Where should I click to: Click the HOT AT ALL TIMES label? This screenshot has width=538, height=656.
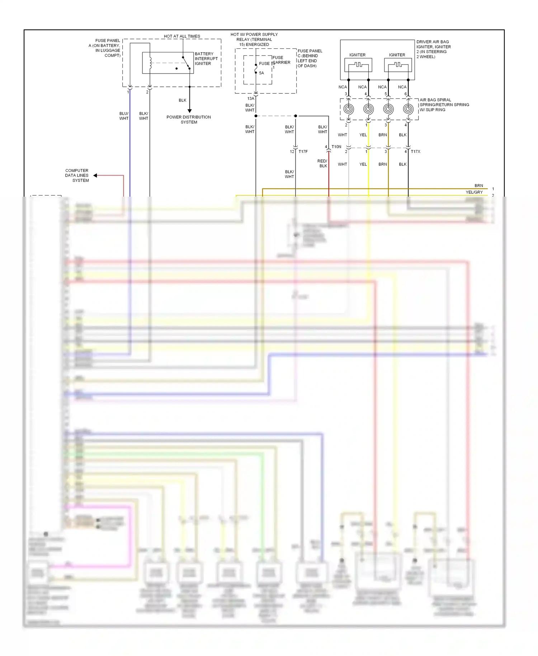pos(182,36)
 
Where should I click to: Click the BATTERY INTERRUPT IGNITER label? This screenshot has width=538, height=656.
pos(206,58)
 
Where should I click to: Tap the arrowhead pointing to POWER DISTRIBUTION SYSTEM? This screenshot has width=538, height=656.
pos(189,111)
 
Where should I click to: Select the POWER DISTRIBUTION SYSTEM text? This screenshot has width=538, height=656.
pos(189,120)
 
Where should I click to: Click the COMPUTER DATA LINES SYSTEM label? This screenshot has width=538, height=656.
pos(77,175)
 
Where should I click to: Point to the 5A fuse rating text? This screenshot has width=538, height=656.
pos(261,73)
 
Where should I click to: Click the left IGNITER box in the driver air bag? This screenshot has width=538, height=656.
pos(358,65)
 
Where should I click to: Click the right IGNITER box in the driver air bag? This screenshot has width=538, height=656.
pos(397,65)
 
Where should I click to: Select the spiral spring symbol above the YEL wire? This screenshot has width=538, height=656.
pos(368,109)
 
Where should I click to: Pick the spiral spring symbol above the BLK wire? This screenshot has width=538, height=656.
pos(408,109)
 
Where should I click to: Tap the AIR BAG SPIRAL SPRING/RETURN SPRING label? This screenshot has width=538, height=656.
pos(444,105)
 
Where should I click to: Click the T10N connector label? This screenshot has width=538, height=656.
pos(336,147)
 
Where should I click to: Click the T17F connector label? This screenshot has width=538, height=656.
pos(303,151)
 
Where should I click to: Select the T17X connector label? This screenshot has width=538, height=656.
pos(415,151)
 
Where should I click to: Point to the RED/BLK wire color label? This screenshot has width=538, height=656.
pos(322,163)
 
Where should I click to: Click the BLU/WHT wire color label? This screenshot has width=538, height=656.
pos(124,116)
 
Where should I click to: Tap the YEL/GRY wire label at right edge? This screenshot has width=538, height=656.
pos(474,192)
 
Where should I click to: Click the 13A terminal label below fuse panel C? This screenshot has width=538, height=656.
pos(251,98)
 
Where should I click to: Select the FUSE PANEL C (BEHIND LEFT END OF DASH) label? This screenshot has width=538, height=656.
pos(310,58)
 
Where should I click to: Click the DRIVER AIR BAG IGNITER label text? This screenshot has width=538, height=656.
pos(433,49)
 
